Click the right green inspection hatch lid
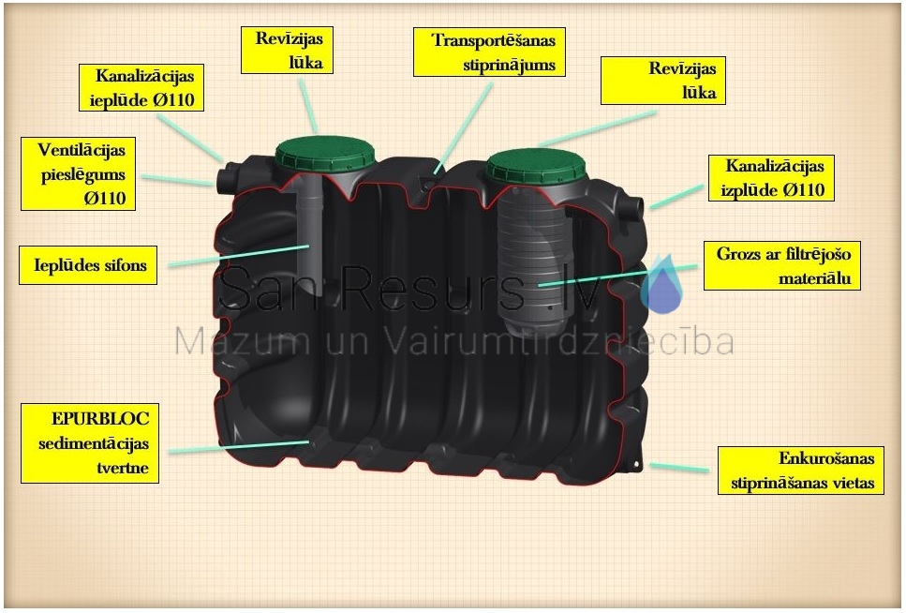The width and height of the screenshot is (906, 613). tap(536, 165)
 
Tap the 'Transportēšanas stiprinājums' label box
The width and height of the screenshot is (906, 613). tap(489, 52)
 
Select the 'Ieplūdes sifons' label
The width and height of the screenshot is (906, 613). tap(88, 265)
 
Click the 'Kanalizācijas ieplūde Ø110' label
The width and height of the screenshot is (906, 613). tap(141, 87)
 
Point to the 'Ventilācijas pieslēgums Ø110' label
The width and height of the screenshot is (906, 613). tap(78, 173)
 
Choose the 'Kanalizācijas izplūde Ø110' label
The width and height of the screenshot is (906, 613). tap(771, 178)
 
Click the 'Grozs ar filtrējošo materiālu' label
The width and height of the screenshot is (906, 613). tap(781, 265)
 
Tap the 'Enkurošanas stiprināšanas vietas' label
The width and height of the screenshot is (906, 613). tap(801, 471)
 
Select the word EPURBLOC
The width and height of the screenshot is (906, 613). tap(100, 418)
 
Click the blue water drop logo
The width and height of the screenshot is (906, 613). tap(661, 285)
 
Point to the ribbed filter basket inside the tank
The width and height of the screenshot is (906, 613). tap(531, 261)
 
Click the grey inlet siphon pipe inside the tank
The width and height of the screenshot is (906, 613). tap(309, 232)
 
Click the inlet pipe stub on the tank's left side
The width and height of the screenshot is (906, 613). tap(226, 177)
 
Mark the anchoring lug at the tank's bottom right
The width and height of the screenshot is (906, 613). tap(635, 463)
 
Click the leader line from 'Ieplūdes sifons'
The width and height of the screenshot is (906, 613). tap(239, 256)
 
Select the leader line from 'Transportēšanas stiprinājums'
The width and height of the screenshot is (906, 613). tap(463, 127)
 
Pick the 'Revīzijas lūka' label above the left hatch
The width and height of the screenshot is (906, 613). tap(288, 50)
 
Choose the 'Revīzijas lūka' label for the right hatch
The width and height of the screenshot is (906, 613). tap(663, 81)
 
